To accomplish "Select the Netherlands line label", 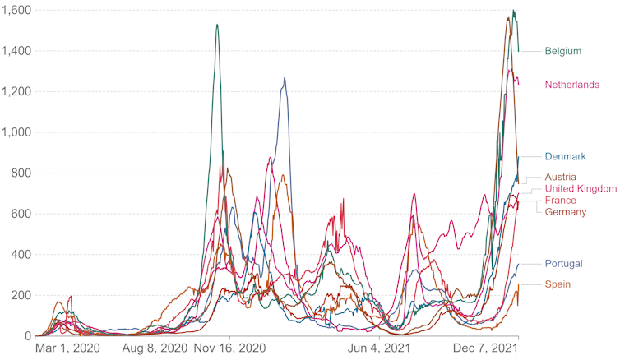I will [572, 85].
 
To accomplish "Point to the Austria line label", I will [561, 177].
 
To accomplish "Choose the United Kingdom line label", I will [581, 189].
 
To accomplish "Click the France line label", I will [560, 201].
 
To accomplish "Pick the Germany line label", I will [566, 212].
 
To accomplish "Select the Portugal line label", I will [563, 264].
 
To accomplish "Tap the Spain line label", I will [558, 284].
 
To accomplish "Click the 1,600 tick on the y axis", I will [16, 10].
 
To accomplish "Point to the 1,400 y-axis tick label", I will [16, 51].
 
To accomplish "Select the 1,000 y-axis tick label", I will [16, 132].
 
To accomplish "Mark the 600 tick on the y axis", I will [21, 214].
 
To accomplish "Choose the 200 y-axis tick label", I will [21, 295].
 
